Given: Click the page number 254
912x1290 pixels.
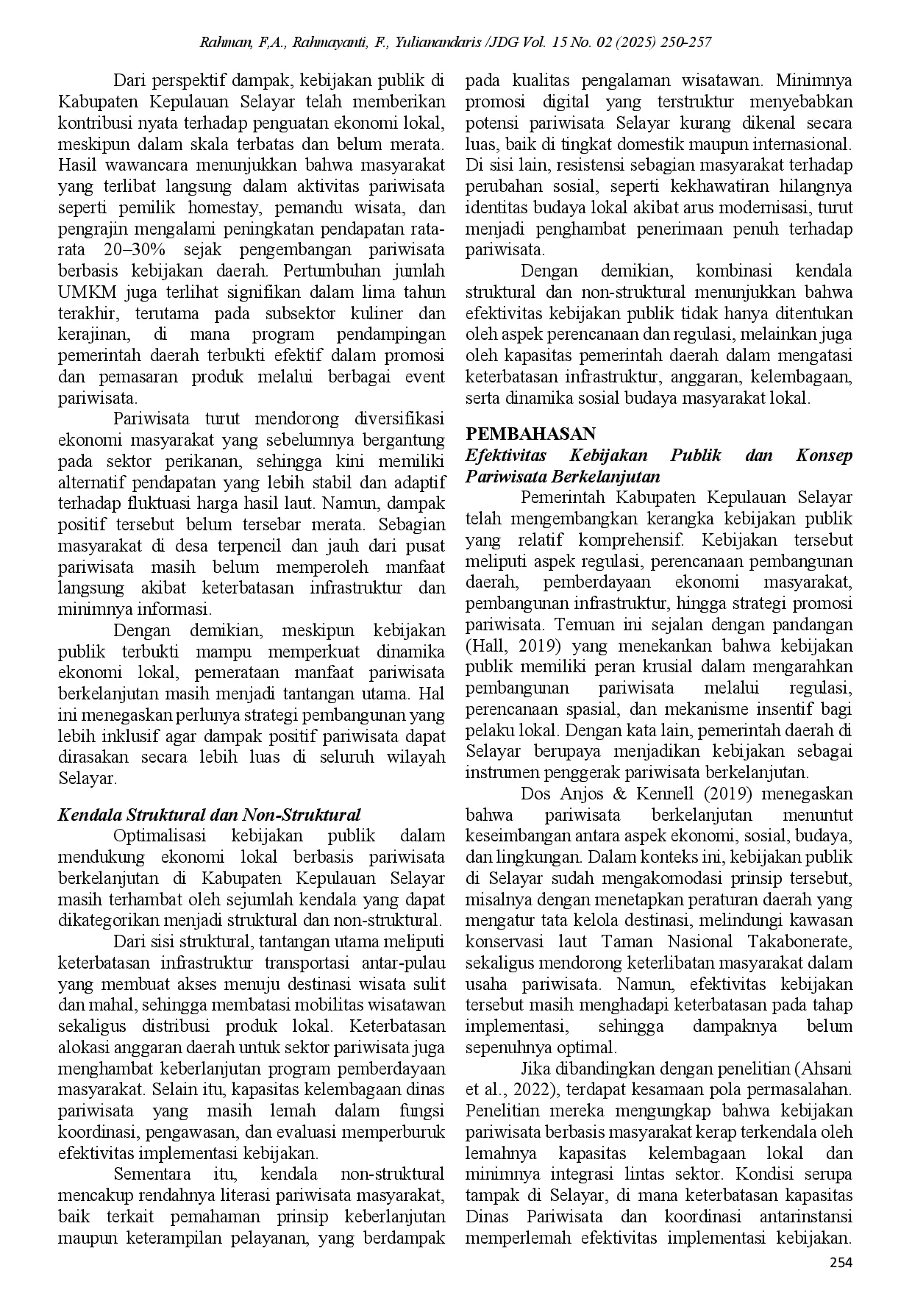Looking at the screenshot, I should click(x=841, y=1264).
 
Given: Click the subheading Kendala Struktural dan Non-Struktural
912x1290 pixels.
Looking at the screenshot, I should click(x=209, y=815).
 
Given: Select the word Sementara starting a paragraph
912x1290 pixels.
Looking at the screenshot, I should click(x=152, y=1174).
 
